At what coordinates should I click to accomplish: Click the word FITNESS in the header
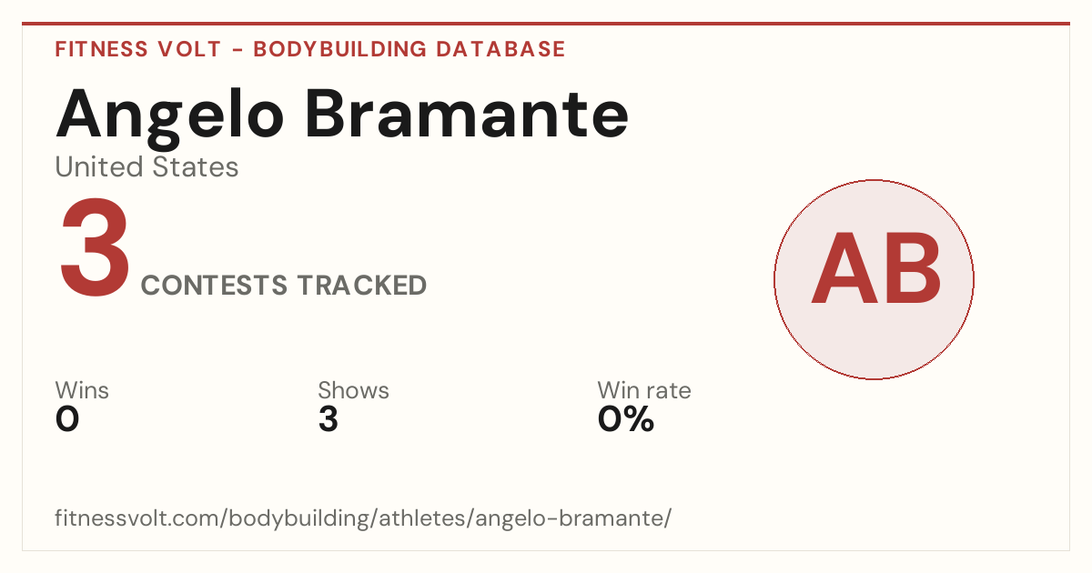101,49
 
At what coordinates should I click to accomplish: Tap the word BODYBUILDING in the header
339,49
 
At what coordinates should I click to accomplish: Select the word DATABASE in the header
500,49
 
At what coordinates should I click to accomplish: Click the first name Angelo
170,118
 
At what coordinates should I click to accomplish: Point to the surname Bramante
467,114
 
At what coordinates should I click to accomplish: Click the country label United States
147,166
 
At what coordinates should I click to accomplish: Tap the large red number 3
95,246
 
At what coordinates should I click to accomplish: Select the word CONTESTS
214,285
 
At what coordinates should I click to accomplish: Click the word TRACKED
362,285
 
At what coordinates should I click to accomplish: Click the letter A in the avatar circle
844,268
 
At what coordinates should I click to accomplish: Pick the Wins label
82,390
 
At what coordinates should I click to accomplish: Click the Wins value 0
67,419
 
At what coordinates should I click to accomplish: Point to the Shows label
353,390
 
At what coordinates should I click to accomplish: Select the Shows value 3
329,419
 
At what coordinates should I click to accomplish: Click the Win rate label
644,390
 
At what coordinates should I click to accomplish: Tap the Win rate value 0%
626,419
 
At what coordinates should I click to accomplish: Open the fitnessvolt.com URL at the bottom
363,518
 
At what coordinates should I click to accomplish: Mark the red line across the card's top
546,24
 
